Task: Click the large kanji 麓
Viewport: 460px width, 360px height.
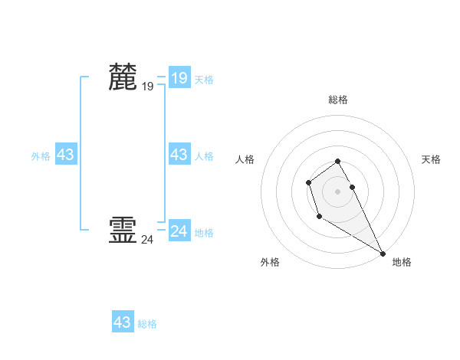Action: tap(123, 77)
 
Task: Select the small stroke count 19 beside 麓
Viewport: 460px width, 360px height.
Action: tap(147, 87)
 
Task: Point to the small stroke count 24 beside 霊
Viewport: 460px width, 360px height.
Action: tap(147, 240)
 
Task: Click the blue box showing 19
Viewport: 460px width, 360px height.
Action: tap(179, 78)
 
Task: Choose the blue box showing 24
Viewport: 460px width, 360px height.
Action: tap(179, 231)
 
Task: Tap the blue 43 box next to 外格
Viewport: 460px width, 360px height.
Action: tap(66, 155)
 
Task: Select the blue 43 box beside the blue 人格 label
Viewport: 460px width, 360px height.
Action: tap(179, 155)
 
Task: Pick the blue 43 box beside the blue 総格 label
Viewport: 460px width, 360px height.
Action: tap(123, 322)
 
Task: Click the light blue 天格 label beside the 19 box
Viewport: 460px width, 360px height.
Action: tap(204, 80)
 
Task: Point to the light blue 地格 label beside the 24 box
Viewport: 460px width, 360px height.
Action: tap(204, 233)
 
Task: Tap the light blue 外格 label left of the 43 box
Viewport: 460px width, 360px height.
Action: tap(41, 156)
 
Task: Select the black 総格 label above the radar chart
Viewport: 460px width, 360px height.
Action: tap(338, 100)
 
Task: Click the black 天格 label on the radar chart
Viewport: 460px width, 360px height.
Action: tap(431, 159)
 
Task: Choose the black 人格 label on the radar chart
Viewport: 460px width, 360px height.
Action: tap(245, 159)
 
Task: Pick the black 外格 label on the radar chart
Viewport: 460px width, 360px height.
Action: tap(270, 262)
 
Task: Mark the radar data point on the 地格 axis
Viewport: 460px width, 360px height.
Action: tap(383, 254)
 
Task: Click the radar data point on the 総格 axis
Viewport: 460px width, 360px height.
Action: tap(338, 161)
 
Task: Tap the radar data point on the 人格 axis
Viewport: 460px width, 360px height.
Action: tap(308, 182)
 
